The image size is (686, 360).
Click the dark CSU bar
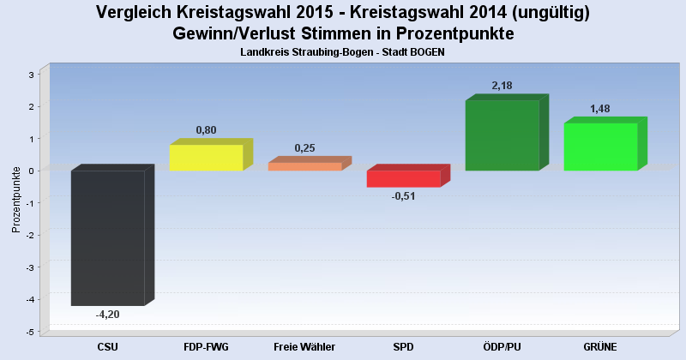click(107, 237)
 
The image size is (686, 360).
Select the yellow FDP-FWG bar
click(206, 158)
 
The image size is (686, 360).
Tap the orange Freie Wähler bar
click(304, 166)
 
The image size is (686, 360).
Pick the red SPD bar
click(403, 178)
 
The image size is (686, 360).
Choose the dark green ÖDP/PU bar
click(502, 135)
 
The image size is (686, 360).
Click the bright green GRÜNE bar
click(600, 147)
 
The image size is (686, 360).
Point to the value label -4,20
click(107, 315)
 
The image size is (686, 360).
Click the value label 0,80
click(206, 130)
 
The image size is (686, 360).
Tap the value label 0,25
click(304, 148)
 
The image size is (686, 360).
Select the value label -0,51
click(403, 196)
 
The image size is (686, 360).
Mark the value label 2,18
click(502, 86)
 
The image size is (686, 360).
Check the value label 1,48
click(600, 109)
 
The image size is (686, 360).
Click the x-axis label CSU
click(107, 346)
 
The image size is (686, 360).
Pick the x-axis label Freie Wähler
click(304, 346)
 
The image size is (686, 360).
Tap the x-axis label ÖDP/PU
click(502, 346)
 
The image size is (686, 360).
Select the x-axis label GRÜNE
click(600, 346)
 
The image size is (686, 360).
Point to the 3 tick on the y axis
click(31, 75)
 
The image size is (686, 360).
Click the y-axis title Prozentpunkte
click(15, 200)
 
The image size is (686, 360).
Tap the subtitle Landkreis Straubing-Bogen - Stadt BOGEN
click(343, 52)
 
